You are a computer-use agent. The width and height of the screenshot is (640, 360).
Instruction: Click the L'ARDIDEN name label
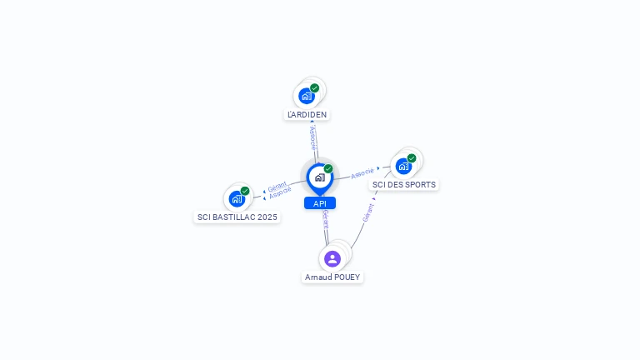tap(307, 114)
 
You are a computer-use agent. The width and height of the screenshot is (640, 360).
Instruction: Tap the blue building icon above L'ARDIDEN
tap(307, 96)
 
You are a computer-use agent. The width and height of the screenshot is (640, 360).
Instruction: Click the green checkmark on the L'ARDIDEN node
tap(315, 87)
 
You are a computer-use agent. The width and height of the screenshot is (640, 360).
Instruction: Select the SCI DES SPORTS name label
tap(403, 184)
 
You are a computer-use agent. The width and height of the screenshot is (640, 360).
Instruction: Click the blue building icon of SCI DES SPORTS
tap(403, 166)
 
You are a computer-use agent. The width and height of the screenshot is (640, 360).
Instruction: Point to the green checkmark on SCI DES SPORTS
tap(412, 157)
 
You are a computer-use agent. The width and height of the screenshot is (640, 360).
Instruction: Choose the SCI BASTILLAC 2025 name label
tap(237, 217)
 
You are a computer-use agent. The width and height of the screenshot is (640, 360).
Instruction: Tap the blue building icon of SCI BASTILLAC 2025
tap(237, 199)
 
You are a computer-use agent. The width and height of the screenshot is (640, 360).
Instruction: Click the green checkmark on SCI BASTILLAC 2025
tap(245, 191)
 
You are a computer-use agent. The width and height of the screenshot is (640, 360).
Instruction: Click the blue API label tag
tap(320, 203)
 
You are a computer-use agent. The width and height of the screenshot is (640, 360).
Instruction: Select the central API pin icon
tap(319, 177)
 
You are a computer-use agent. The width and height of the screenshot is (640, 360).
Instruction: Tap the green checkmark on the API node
tap(328, 168)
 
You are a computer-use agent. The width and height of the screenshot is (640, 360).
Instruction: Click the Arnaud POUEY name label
tap(332, 277)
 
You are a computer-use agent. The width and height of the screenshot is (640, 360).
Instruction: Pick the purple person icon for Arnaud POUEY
tap(332, 258)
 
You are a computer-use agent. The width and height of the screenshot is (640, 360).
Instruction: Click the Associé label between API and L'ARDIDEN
tap(312, 137)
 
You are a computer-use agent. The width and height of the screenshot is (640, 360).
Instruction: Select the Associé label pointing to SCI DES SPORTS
tap(362, 173)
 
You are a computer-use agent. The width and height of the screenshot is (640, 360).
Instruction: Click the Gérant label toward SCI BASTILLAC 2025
tap(277, 186)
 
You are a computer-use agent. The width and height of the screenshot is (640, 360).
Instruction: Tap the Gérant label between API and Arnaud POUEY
tap(325, 219)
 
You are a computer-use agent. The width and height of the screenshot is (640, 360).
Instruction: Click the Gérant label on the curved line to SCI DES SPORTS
tap(367, 212)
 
